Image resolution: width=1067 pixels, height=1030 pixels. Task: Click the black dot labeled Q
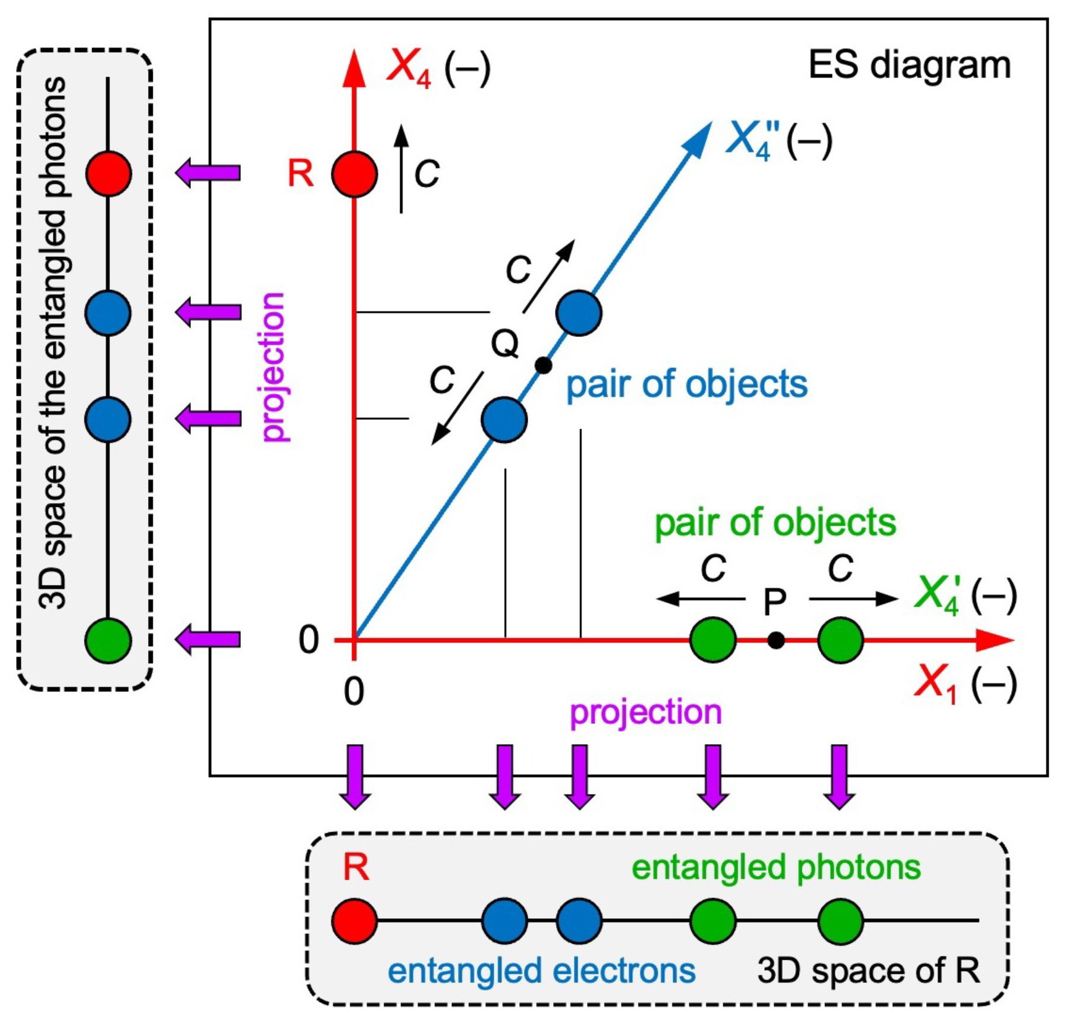click(x=543, y=365)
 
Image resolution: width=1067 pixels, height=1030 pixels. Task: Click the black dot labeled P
click(x=776, y=640)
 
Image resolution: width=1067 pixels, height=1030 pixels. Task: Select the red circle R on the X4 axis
click(x=354, y=174)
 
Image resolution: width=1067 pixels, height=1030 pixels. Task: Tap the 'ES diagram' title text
click(x=909, y=65)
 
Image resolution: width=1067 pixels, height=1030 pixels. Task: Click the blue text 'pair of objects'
click(x=687, y=385)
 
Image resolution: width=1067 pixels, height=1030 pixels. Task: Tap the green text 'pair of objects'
click(x=775, y=524)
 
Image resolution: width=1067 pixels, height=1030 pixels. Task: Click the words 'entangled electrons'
click(x=541, y=971)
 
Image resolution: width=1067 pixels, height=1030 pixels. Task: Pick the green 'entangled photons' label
click(x=776, y=867)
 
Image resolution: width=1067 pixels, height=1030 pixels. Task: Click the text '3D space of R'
click(x=868, y=971)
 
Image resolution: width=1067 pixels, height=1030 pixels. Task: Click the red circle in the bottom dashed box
click(x=354, y=921)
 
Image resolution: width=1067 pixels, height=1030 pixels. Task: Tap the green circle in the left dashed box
click(x=108, y=640)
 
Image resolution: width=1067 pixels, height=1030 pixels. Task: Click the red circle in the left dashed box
click(x=108, y=173)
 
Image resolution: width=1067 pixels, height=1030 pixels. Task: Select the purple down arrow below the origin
click(x=355, y=777)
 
